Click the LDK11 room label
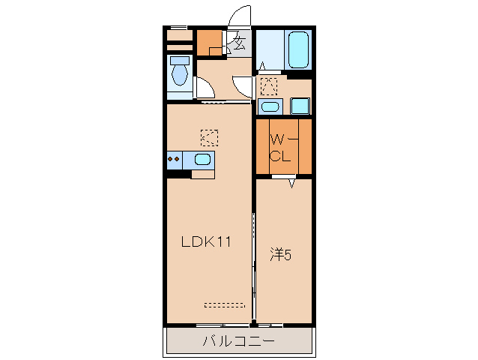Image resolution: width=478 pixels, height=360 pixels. tap(206, 241)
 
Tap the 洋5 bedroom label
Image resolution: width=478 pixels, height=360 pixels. tap(281, 255)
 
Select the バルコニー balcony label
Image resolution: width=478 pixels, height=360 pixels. tap(239, 340)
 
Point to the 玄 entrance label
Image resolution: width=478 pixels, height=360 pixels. tap(239, 43)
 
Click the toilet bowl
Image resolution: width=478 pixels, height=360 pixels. tap(180, 74)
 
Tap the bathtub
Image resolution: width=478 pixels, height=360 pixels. tap(298, 49)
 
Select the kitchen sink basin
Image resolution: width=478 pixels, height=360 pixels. tap(203, 159)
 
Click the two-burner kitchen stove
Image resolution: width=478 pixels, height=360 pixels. tap(175, 160)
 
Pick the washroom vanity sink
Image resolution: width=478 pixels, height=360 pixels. tap(270, 106)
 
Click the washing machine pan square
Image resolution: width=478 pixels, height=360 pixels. tap(300, 106)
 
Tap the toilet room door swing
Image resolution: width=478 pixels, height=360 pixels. tap(205, 88)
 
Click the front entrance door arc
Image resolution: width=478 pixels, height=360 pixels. tap(240, 16)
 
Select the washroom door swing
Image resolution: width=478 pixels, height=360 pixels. tap(243, 87)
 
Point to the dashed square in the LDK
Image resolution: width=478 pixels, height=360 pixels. tap(210, 138)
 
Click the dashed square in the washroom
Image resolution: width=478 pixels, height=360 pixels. tap(269, 87)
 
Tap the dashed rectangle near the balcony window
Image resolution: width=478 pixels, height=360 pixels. tap(225, 305)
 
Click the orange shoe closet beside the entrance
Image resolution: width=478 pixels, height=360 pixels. tap(209, 43)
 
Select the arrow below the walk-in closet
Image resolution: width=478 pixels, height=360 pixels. tap(292, 183)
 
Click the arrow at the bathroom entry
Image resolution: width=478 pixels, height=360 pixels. tap(262, 66)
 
